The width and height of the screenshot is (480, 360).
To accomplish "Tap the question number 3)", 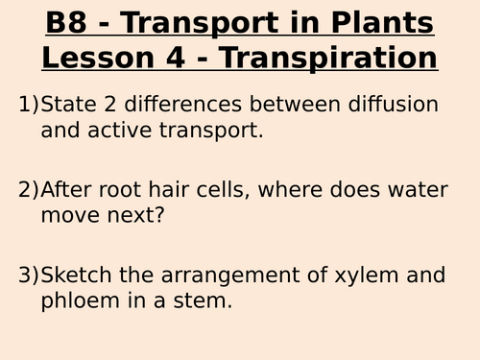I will coord(29,276).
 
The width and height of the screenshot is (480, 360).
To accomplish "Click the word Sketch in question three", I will coord(78,276).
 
